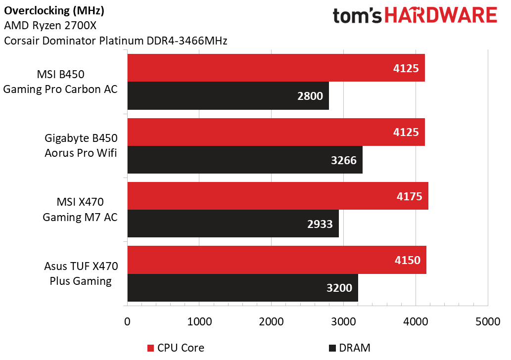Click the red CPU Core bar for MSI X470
(277, 196)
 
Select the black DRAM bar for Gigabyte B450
(245, 160)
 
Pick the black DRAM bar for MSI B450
(228, 96)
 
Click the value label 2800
(310, 96)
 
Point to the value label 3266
(343, 160)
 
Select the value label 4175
(409, 196)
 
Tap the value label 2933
(320, 224)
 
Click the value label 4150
(407, 260)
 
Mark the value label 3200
(339, 288)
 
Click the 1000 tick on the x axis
(199, 321)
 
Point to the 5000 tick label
(488, 321)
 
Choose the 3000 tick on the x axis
(343, 321)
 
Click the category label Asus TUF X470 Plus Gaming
(81, 274)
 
